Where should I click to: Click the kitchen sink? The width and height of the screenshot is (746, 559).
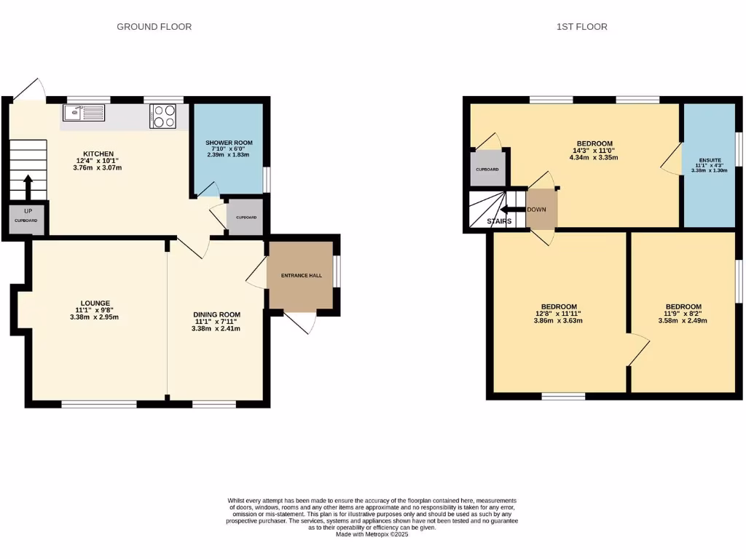84,113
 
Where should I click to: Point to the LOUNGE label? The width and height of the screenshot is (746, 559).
95,303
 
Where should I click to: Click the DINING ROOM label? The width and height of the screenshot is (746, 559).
216,314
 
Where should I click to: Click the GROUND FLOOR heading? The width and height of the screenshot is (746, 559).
154,27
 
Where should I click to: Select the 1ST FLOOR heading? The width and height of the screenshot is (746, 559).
581,27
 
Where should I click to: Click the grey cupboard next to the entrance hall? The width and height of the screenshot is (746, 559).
246,218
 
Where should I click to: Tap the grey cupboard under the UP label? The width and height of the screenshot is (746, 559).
25,219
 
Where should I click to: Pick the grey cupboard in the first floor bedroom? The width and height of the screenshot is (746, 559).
487,169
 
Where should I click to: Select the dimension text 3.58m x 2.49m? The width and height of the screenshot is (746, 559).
683,320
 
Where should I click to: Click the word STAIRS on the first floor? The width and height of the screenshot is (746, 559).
499,221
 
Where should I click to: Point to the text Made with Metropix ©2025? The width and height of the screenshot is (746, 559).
372,534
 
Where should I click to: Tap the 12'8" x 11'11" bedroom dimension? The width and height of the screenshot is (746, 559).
559,314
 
